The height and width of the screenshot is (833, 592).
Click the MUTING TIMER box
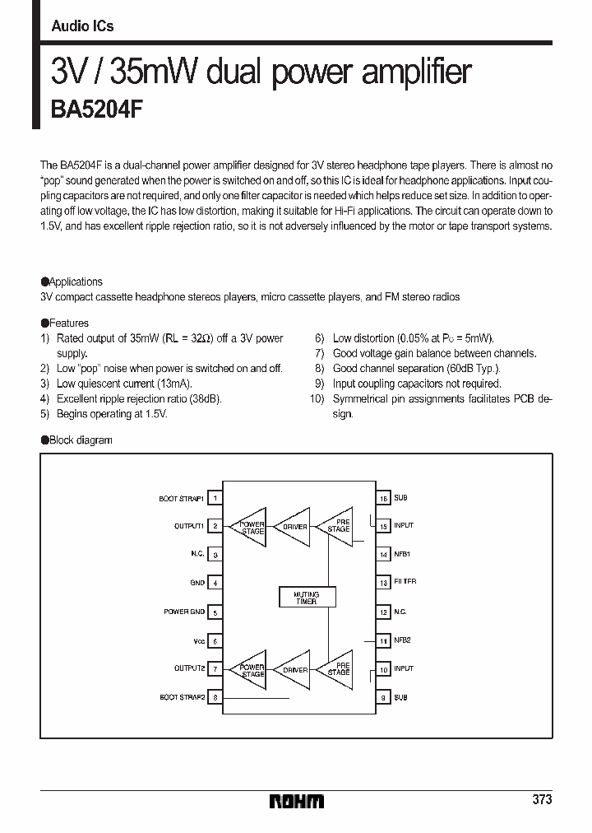(x=306, y=598)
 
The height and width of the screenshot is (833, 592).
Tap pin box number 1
(x=215, y=497)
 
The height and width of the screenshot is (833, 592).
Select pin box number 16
(x=383, y=497)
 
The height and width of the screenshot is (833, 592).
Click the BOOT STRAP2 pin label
(x=182, y=697)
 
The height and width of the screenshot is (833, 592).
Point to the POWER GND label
(x=184, y=612)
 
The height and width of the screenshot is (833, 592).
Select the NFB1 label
(x=402, y=554)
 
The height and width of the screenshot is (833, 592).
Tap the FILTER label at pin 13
(x=405, y=582)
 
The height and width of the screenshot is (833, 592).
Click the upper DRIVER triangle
(x=292, y=527)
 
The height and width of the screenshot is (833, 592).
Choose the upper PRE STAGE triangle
(x=335, y=526)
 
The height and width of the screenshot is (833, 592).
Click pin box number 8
(x=215, y=697)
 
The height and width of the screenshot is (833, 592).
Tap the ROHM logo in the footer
(x=297, y=801)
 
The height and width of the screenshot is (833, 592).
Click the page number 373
(x=541, y=799)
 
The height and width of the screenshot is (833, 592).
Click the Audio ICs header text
(x=82, y=26)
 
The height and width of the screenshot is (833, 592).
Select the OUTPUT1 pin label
(x=188, y=525)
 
